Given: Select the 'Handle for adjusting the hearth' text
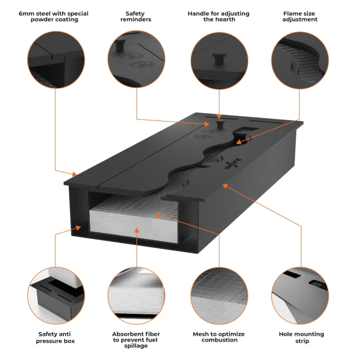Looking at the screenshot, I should pyautogui.click(x=218, y=16).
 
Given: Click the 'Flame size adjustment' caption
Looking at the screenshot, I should pyautogui.click(x=300, y=16).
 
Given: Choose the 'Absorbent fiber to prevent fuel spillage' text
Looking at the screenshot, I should pyautogui.click(x=136, y=340).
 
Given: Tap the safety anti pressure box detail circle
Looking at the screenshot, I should pyautogui.click(x=56, y=294).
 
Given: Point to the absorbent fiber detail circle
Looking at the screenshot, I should pyautogui.click(x=137, y=294).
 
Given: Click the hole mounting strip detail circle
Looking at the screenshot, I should pyautogui.click(x=300, y=294).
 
